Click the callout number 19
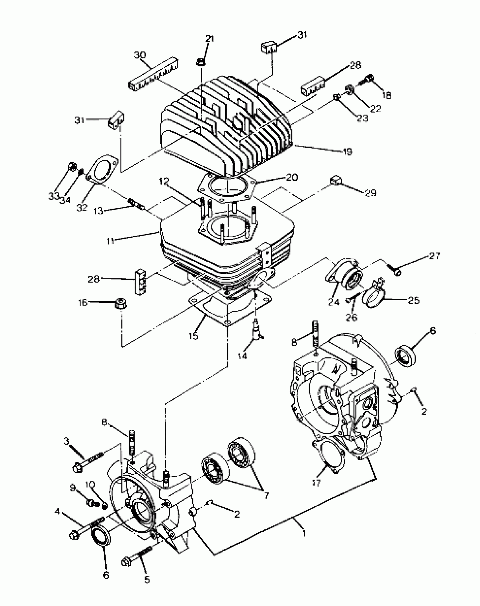[x=347, y=152]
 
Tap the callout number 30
[x=139, y=55]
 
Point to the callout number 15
[x=194, y=336]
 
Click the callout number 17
[x=317, y=483]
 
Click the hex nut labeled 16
[x=121, y=304]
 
